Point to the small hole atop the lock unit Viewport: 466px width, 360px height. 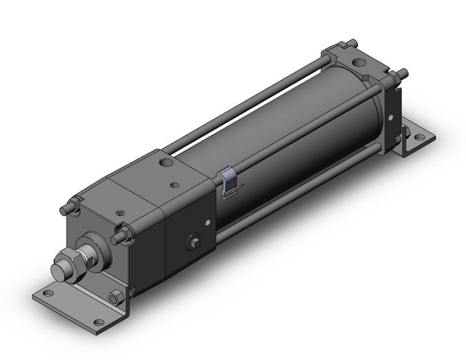pos(176,184)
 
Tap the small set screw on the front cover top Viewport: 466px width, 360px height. pos(118,214)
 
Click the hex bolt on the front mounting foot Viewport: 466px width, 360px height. pos(115,299)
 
